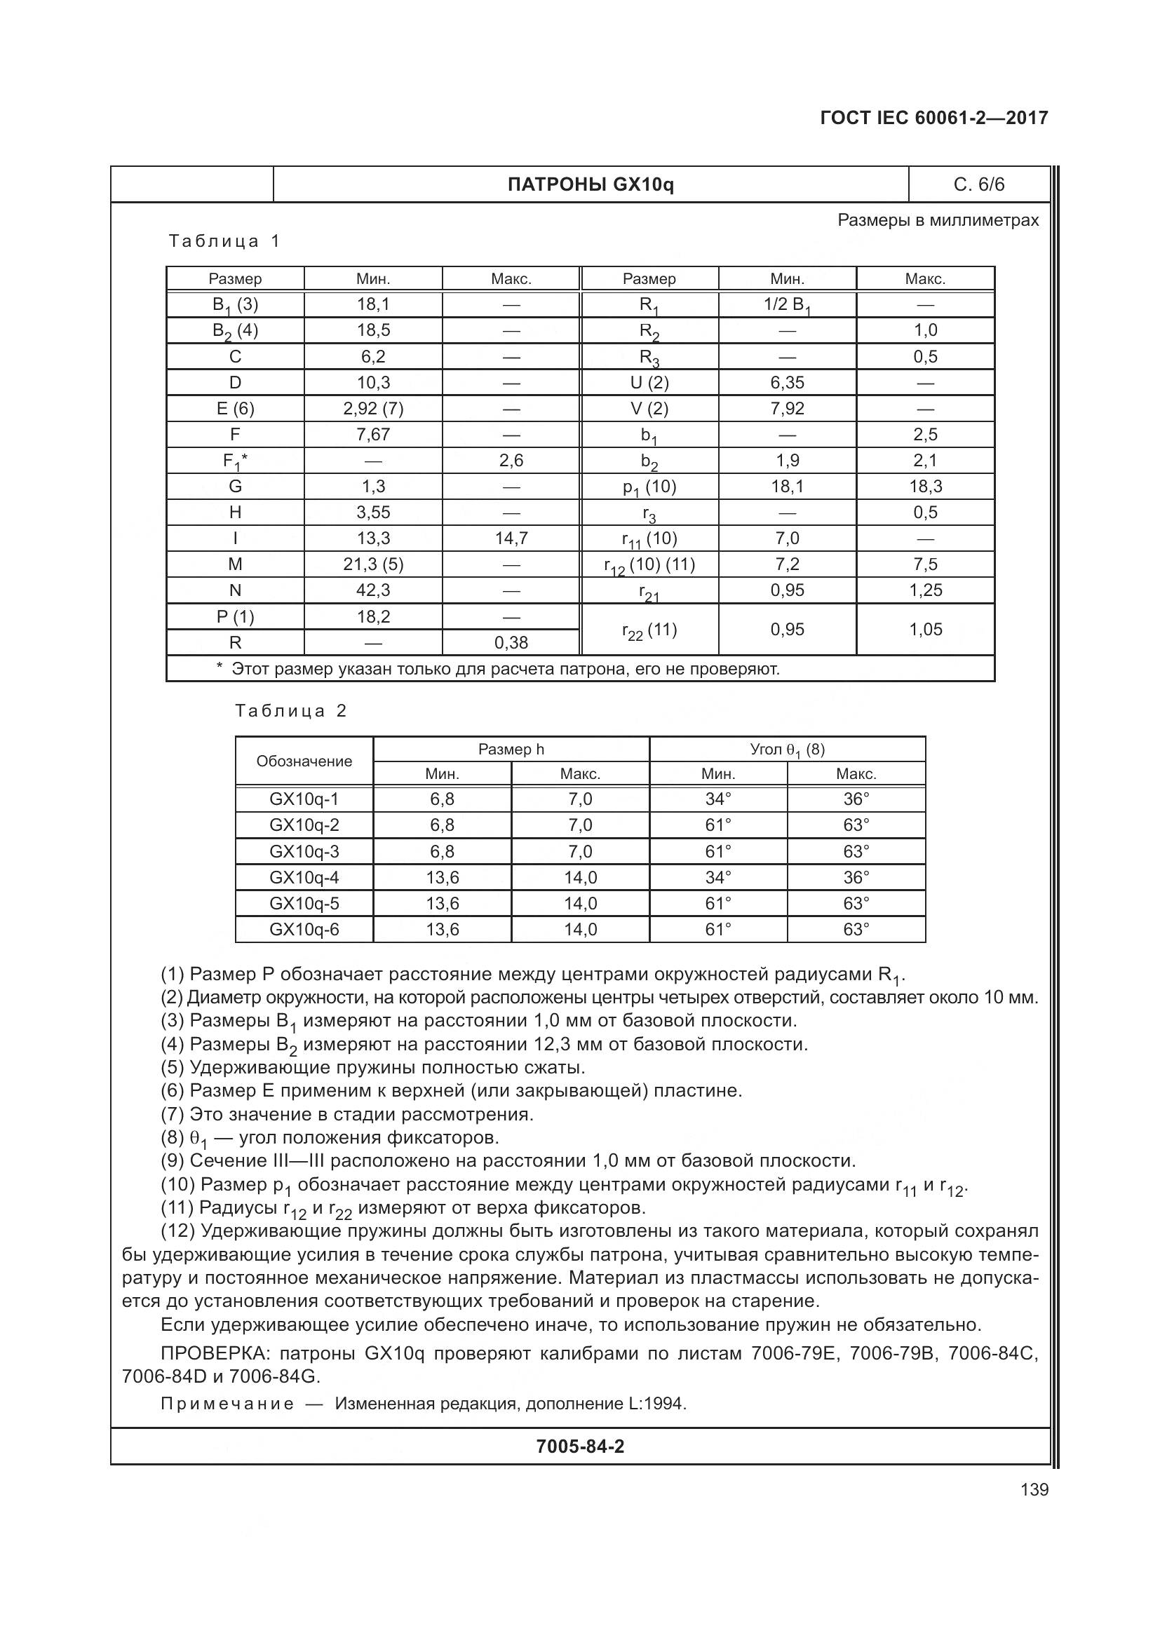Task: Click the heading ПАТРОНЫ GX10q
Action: pos(590,185)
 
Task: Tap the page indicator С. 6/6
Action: pos(978,185)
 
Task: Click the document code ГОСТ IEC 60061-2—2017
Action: pos(933,118)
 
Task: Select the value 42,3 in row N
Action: pos(373,590)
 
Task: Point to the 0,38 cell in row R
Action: pos(511,642)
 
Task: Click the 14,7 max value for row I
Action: pos(511,538)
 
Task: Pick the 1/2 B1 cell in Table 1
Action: pos(786,304)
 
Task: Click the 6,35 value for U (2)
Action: pos(786,382)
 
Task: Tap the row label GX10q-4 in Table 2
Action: pos(304,877)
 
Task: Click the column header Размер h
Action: pos(511,749)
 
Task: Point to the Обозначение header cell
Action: pos(304,761)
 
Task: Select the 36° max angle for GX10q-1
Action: pos(856,799)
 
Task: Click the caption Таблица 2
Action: pos(291,711)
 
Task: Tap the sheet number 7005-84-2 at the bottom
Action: pos(580,1446)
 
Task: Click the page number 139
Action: pos(1034,1489)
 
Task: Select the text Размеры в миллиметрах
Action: pos(937,220)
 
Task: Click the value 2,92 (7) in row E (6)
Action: pos(373,409)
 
